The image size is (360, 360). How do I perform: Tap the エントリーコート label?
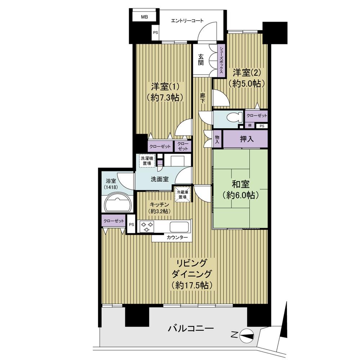pyautogui.click(x=187, y=21)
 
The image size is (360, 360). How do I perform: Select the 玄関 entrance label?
pyautogui.click(x=201, y=59)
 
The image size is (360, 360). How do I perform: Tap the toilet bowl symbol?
pyautogui.click(x=235, y=118)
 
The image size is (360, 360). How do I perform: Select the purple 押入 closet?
pyautogui.click(x=246, y=139)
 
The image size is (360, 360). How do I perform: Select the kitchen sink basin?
pyautogui.click(x=179, y=227)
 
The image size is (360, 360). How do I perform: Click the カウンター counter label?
pyautogui.click(x=177, y=238)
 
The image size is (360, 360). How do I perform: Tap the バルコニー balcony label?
pyautogui.click(x=191, y=329)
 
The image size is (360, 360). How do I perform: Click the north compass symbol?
pyautogui.click(x=247, y=336)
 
